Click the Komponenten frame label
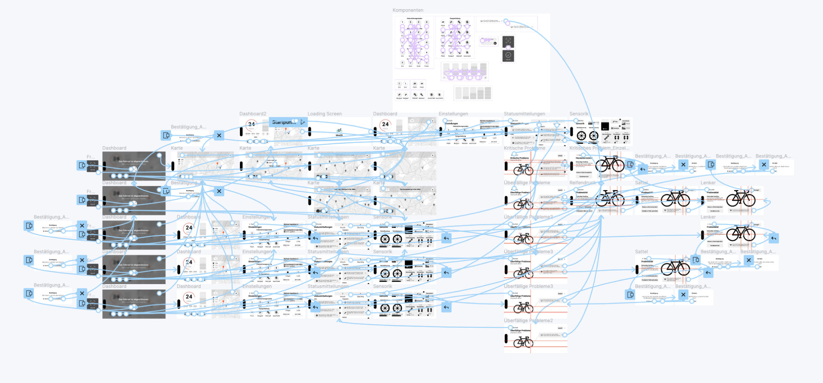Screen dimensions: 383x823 point(408,10)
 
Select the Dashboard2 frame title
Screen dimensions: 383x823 point(252,114)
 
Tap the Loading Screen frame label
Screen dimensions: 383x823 point(325,114)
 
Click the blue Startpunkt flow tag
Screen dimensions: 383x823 point(284,122)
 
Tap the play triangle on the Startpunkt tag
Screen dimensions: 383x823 point(303,122)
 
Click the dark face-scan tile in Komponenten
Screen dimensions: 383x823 point(508,41)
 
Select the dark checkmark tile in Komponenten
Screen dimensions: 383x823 point(508,55)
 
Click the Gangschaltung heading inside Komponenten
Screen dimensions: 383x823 point(455,19)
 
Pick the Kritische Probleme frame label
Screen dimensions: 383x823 point(524,148)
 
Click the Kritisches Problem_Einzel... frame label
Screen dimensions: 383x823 point(599,148)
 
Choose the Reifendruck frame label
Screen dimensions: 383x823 point(582,183)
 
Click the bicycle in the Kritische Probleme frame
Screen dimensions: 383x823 point(523,170)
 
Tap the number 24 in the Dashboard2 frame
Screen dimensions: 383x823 point(251,124)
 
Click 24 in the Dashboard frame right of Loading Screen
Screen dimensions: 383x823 point(385,124)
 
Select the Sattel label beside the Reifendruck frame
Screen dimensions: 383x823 point(641,183)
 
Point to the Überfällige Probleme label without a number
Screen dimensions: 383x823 point(527,183)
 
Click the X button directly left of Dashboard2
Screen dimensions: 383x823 point(219,135)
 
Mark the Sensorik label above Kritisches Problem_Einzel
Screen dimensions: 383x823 point(579,114)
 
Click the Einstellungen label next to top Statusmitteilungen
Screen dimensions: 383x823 point(453,114)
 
